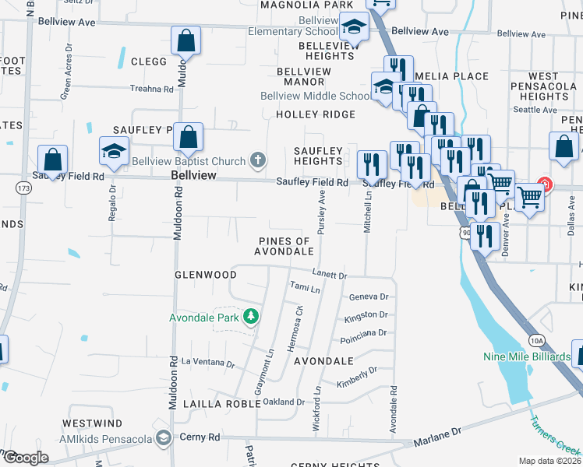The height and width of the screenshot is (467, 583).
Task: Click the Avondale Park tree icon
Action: (251, 315)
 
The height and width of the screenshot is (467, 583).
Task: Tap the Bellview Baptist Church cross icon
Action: (258, 161)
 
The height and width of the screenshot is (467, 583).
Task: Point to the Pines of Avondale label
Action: (285, 246)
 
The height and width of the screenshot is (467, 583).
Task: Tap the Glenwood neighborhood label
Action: (205, 275)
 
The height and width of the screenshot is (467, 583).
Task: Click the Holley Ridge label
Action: (315, 114)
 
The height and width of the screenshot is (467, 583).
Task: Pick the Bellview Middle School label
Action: (316, 96)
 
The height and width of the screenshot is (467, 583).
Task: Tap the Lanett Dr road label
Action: (329, 276)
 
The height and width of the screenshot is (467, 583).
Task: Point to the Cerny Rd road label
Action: (200, 437)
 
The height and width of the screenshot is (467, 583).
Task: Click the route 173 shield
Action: (25, 188)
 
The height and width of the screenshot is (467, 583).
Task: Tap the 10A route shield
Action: (535, 340)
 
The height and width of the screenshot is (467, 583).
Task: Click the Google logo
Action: (25, 457)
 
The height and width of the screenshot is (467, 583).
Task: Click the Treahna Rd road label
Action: (152, 89)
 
